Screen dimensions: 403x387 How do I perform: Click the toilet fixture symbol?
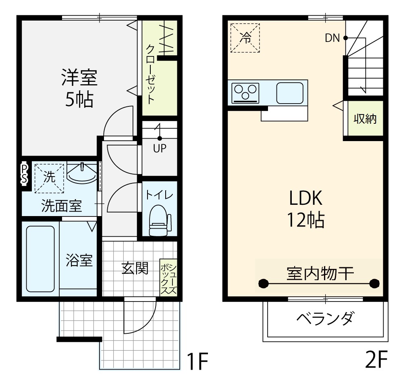click(160, 221)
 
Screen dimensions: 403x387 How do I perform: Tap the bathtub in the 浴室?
click(41, 259)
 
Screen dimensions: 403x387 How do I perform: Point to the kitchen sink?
click(290, 93)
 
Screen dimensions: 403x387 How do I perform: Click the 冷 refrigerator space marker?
click(245, 38)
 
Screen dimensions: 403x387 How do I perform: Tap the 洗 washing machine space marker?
click(49, 178)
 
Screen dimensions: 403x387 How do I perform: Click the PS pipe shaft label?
click(24, 174)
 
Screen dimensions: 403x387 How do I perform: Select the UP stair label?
click(160, 148)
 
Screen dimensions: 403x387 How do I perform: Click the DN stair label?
click(332, 38)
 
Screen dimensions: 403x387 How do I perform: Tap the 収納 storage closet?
click(365, 119)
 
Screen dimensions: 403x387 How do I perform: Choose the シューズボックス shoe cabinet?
click(168, 278)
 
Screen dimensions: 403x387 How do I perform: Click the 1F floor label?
click(197, 361)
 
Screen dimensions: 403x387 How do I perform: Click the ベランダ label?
click(325, 318)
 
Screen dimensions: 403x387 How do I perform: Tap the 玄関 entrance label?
click(135, 268)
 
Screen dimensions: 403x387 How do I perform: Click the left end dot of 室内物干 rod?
click(263, 284)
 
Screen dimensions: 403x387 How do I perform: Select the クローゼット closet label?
click(150, 74)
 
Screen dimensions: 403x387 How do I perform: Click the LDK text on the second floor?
click(305, 198)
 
